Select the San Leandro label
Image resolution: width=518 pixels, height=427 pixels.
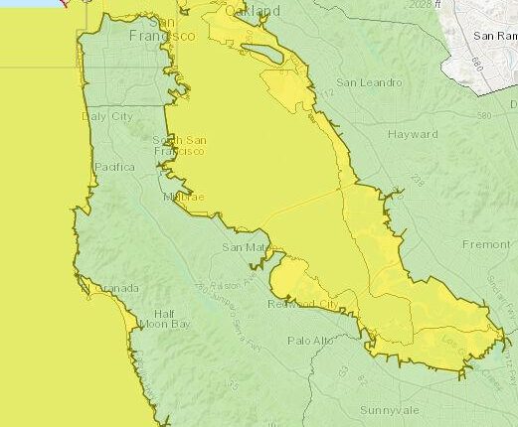[x=369, y=82]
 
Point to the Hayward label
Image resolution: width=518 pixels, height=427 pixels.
[x=413, y=133]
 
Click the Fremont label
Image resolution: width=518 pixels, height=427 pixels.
[x=485, y=243]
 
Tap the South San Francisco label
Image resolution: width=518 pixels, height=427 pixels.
[x=179, y=146]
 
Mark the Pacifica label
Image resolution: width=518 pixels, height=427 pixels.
[x=113, y=168]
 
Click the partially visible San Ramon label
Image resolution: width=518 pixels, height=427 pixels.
[x=494, y=35]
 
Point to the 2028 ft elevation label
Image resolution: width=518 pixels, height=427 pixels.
[x=420, y=5]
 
